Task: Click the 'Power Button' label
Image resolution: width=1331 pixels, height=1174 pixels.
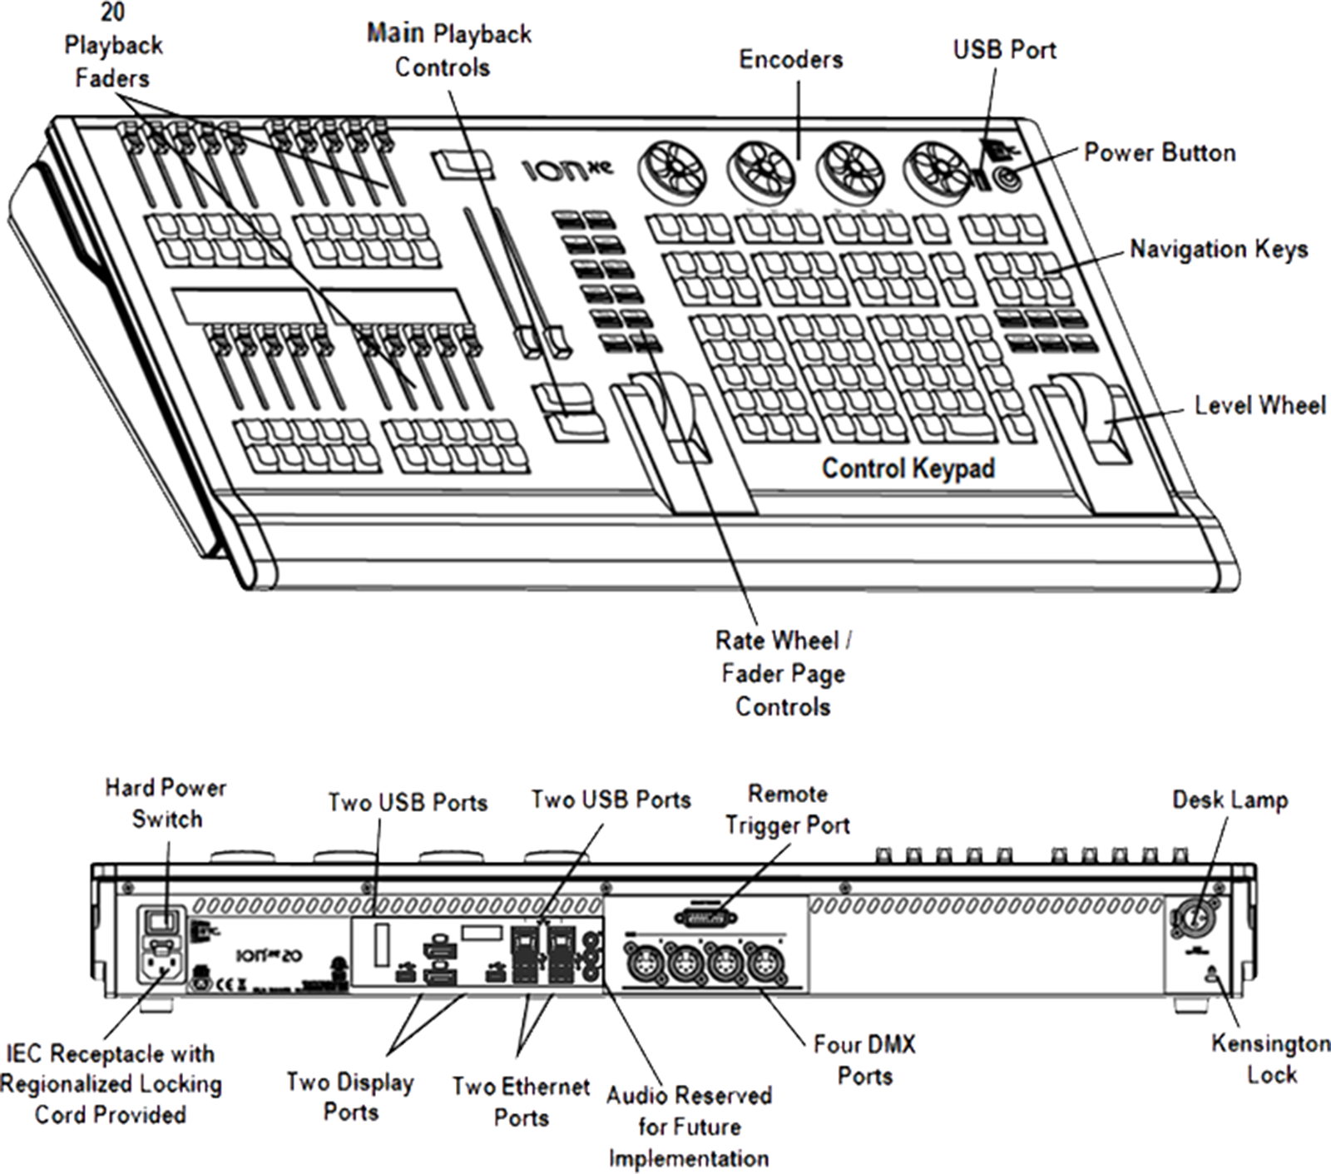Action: (1159, 153)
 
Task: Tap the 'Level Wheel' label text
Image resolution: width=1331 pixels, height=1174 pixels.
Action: (1259, 406)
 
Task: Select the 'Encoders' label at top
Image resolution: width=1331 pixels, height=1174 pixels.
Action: (790, 60)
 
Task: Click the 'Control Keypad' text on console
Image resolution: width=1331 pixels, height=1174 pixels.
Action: (908, 468)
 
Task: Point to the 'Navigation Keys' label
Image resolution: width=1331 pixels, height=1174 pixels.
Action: (1218, 250)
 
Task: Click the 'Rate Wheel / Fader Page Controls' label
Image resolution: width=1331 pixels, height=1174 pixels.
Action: (783, 674)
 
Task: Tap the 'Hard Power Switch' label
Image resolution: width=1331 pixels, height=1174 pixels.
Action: (166, 803)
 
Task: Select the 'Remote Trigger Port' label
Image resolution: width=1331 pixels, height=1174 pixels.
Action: (787, 810)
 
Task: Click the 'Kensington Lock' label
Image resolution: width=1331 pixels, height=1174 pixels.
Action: (1270, 1058)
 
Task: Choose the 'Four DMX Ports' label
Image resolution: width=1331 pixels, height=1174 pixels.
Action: (864, 1059)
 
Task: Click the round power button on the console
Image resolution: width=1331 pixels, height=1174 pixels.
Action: (1007, 178)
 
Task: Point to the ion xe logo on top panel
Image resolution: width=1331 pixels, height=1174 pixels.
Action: (568, 171)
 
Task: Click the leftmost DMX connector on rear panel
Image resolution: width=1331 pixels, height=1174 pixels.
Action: (646, 965)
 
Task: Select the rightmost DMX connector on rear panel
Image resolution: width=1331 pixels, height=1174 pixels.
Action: (763, 965)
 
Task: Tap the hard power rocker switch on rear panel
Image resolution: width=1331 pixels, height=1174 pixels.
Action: (163, 920)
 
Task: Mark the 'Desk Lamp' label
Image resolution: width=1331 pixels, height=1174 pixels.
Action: (1230, 800)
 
